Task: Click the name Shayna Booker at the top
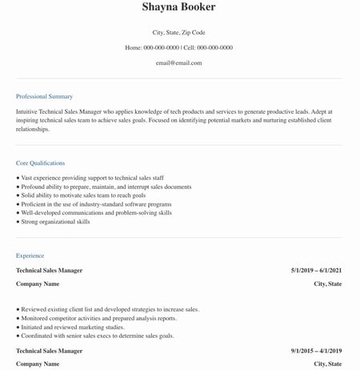click(178, 7)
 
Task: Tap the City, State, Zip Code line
click(178, 33)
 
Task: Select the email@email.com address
click(178, 62)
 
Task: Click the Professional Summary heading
click(44, 96)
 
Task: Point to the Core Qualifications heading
click(40, 163)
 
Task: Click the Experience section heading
click(30, 255)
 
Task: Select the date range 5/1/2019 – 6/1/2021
click(316, 271)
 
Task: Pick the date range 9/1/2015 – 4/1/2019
click(316, 351)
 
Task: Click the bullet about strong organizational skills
click(55, 222)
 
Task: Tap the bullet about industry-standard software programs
click(96, 204)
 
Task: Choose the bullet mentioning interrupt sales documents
click(106, 187)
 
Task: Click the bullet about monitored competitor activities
click(98, 318)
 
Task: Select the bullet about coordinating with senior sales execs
click(97, 336)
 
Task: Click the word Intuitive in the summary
click(29, 111)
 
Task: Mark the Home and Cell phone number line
click(178, 48)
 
